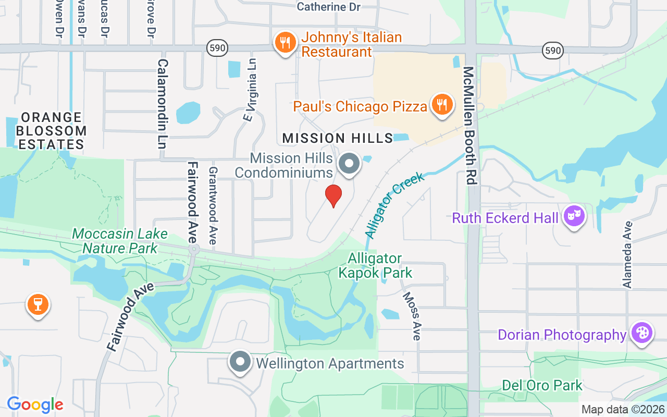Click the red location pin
click(333, 195)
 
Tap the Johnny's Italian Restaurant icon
click(285, 43)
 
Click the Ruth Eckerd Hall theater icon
click(574, 216)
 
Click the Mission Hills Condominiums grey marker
click(349, 164)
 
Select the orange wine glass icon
click(38, 304)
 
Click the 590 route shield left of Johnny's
click(217, 48)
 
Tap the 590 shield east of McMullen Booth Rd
click(552, 50)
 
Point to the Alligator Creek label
click(394, 205)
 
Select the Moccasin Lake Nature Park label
click(115, 241)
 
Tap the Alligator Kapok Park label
click(375, 266)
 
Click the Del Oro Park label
click(542, 386)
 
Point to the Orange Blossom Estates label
click(52, 131)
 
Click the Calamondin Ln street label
click(162, 104)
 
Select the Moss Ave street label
click(411, 316)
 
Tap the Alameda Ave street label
click(627, 254)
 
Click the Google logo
click(35, 404)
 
